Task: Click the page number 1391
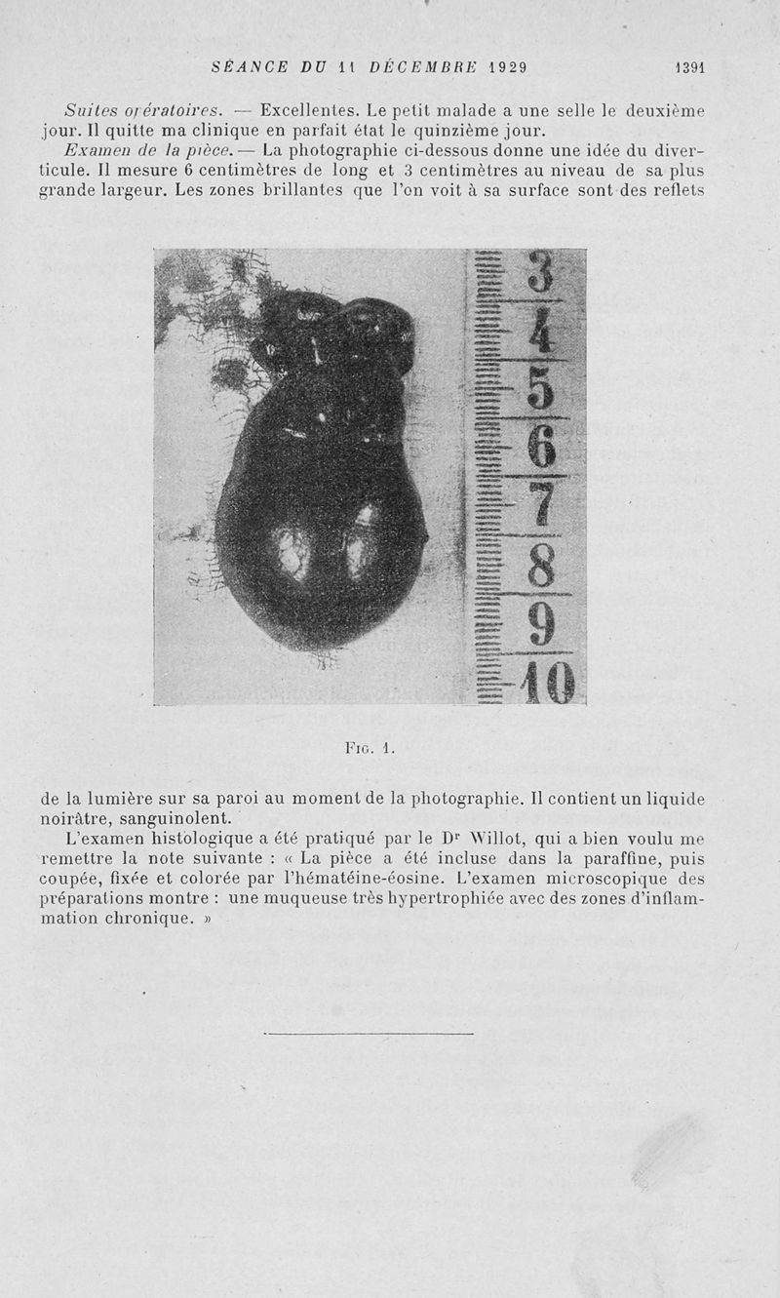click(x=689, y=67)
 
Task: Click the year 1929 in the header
click(x=507, y=67)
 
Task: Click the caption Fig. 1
click(x=368, y=749)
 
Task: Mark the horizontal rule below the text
click(x=369, y=1034)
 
